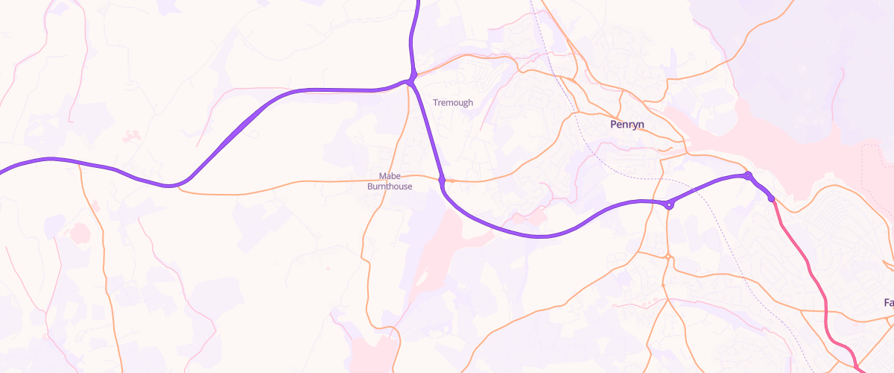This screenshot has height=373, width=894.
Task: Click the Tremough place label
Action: click(x=453, y=102)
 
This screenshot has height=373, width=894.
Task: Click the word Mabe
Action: click(x=390, y=177)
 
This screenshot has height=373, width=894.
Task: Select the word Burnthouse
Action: click(x=390, y=186)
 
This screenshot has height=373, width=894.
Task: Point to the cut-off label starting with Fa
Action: click(x=888, y=303)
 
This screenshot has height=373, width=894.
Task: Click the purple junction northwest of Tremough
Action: click(x=411, y=79)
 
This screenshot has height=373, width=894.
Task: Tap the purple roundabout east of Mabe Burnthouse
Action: click(x=442, y=180)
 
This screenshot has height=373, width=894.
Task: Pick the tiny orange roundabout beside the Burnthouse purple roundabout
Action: click(x=452, y=181)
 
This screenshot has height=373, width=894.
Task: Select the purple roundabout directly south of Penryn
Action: click(x=670, y=204)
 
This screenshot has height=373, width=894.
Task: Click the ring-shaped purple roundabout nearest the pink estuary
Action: click(x=748, y=175)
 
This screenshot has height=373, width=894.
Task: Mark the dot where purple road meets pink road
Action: click(x=771, y=198)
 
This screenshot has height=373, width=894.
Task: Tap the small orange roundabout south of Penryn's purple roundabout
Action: click(x=668, y=257)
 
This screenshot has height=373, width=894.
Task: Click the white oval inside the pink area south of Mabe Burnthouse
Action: click(x=422, y=280)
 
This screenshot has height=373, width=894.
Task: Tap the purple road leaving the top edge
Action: click(x=416, y=15)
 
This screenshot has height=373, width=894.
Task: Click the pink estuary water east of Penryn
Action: click(x=782, y=134)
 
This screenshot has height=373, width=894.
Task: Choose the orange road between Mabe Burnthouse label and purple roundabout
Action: click(x=425, y=178)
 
